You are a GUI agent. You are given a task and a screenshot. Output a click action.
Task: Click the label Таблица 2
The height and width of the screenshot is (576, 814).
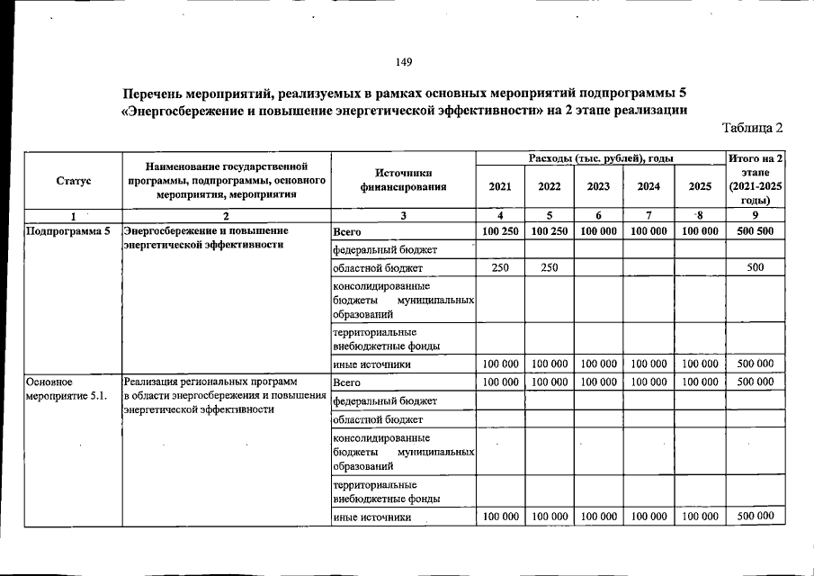click(x=753, y=127)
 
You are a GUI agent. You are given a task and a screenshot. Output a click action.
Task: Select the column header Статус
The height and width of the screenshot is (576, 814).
click(x=73, y=180)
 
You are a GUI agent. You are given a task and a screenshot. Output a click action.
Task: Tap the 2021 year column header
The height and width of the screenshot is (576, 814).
click(x=500, y=187)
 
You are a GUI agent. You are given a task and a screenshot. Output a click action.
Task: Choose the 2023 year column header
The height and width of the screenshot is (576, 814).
click(x=598, y=187)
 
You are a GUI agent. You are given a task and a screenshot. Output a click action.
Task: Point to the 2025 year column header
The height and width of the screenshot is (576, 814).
click(x=699, y=187)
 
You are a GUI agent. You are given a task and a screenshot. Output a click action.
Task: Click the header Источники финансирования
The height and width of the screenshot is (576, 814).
click(x=403, y=180)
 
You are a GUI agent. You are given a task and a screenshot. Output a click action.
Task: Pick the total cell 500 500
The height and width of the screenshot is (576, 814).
click(x=755, y=231)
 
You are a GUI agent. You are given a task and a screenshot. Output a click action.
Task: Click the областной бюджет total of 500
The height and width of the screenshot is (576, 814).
click(x=755, y=267)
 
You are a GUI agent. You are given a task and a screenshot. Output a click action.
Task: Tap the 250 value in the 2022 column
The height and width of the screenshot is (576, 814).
click(x=549, y=267)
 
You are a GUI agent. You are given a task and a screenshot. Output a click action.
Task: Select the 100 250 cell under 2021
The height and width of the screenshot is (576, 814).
click(x=500, y=231)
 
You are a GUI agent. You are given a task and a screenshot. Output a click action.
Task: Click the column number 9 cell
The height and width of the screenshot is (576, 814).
click(x=755, y=216)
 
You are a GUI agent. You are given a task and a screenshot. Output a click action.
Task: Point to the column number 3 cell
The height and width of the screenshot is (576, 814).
click(x=403, y=216)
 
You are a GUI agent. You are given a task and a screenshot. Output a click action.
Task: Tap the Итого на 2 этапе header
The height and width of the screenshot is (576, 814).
click(x=756, y=180)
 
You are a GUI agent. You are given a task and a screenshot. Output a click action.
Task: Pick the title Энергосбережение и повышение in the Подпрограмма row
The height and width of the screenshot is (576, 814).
click(x=205, y=231)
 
